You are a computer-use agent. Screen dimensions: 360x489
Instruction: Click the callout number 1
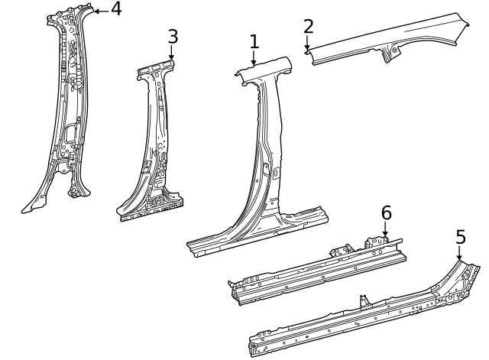tap(254, 42)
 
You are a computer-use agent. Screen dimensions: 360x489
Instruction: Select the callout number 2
tap(308, 26)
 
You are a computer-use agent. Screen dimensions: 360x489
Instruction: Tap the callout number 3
tap(173, 36)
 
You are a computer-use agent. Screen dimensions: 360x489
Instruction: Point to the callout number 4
tap(115, 9)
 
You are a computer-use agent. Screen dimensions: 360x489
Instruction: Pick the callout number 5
tap(460, 237)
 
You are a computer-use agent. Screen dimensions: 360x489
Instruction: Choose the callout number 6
tap(386, 212)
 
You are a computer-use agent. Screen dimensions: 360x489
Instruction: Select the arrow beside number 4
tap(99, 10)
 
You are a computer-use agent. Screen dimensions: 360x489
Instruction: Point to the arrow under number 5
tap(459, 255)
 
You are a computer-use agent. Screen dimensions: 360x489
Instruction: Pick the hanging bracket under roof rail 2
tap(393, 54)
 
